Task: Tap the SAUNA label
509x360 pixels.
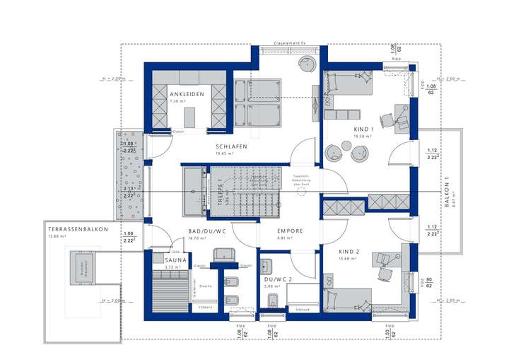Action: (176, 260)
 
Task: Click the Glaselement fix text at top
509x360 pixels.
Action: (289, 43)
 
